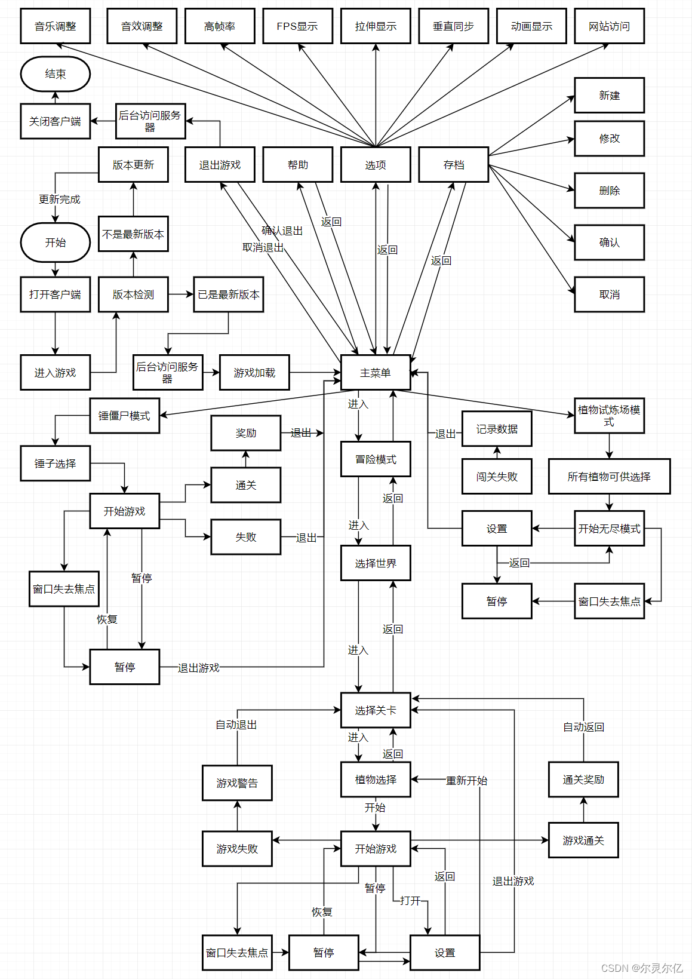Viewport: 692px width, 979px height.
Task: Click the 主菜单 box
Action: (x=376, y=372)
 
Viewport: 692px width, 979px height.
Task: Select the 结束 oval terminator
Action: (x=56, y=74)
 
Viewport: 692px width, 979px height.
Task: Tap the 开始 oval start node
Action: (x=56, y=243)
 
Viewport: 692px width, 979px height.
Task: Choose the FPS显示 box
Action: (x=297, y=26)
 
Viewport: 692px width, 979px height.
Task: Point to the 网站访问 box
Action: (x=610, y=26)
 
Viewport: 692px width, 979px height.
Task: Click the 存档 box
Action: (x=453, y=165)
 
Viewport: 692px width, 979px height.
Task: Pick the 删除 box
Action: (x=610, y=191)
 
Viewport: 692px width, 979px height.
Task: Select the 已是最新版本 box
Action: (x=229, y=294)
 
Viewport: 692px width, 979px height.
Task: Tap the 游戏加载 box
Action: (x=255, y=372)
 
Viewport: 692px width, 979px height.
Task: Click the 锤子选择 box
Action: (x=56, y=464)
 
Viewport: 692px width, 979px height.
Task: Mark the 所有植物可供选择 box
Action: (x=610, y=477)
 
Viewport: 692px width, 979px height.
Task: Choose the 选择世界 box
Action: (x=376, y=563)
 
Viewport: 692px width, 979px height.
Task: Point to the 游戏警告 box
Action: (x=237, y=782)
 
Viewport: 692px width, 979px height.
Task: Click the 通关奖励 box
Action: (x=583, y=779)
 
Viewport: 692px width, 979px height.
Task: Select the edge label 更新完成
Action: (x=60, y=200)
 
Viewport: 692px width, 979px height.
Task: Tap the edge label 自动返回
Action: (x=583, y=727)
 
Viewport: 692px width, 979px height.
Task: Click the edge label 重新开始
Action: (x=466, y=780)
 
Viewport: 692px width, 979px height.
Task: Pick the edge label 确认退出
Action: (x=282, y=231)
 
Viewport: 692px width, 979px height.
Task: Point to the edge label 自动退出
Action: (x=236, y=725)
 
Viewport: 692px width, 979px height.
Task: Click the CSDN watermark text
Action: (x=642, y=968)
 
